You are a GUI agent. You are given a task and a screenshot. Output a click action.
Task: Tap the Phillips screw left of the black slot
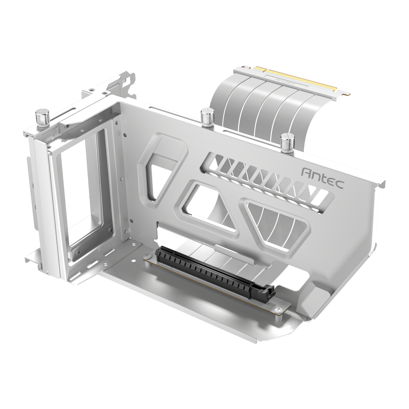(x=148, y=255)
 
